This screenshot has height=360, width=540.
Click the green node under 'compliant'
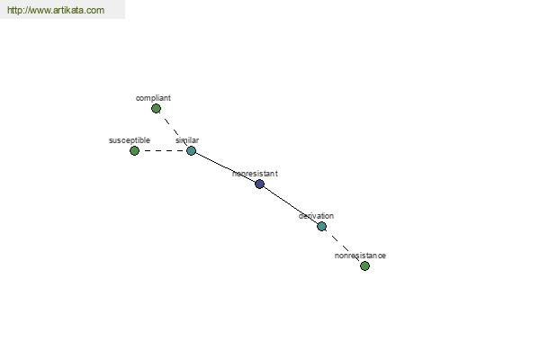(156, 109)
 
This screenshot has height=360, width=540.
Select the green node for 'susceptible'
(134, 150)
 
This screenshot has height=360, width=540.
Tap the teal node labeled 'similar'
(191, 150)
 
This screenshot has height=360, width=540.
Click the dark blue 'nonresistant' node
(260, 184)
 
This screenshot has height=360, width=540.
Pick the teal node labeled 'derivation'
(321, 226)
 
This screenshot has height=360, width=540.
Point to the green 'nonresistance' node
(364, 265)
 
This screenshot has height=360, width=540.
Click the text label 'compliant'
(153, 98)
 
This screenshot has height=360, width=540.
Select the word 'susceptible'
(130, 140)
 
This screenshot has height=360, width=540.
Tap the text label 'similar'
(187, 140)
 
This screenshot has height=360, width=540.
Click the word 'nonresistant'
(255, 174)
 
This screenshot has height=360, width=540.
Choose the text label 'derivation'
(316, 216)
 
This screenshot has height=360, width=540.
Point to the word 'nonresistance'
(360, 256)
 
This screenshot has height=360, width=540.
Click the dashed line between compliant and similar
(174, 130)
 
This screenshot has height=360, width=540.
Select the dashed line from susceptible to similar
(163, 150)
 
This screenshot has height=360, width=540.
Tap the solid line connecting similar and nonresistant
(225, 167)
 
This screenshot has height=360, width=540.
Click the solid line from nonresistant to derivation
(291, 205)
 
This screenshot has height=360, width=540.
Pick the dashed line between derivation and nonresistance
(343, 246)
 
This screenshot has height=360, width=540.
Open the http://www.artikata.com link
(56, 10)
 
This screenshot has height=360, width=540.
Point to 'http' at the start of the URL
(13, 10)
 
